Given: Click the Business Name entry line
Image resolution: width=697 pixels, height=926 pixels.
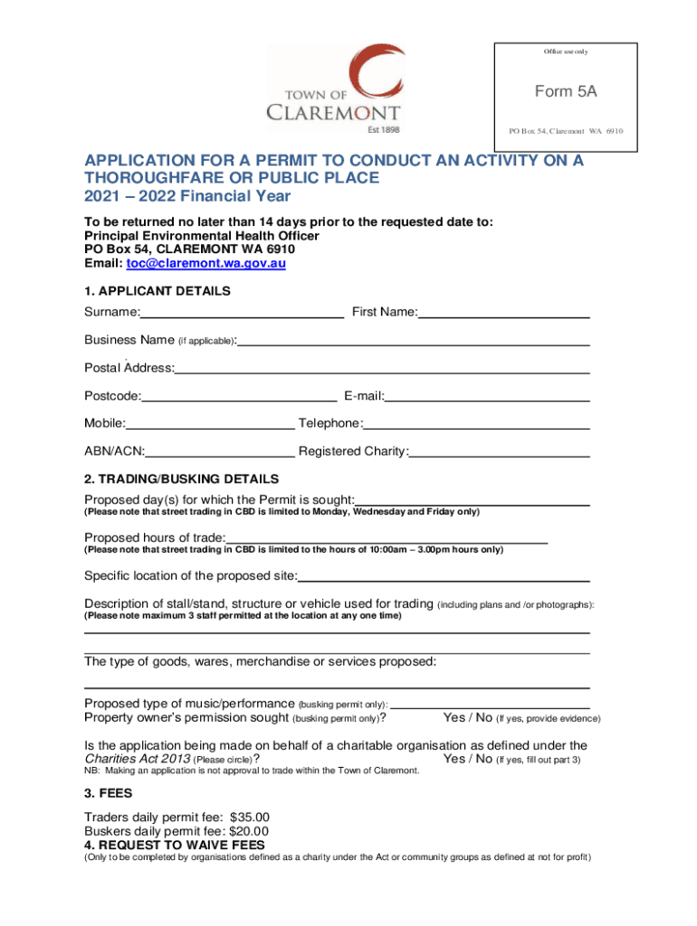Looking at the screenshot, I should point(414,341).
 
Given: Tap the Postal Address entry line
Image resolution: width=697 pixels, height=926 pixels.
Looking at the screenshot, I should point(384,369).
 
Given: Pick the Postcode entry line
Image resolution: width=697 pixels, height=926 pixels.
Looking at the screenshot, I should point(239,396).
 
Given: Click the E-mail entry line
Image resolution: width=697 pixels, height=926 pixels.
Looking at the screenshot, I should point(488,396).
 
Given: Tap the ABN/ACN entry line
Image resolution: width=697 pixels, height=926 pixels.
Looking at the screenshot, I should point(220,451).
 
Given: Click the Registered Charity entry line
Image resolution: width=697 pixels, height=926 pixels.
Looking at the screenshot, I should point(501,451).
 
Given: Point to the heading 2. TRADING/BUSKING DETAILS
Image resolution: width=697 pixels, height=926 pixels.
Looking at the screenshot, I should point(181,478).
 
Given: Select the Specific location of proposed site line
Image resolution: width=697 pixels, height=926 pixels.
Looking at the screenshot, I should point(444,576).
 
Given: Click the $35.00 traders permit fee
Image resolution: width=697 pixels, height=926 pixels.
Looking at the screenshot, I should point(251,816).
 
